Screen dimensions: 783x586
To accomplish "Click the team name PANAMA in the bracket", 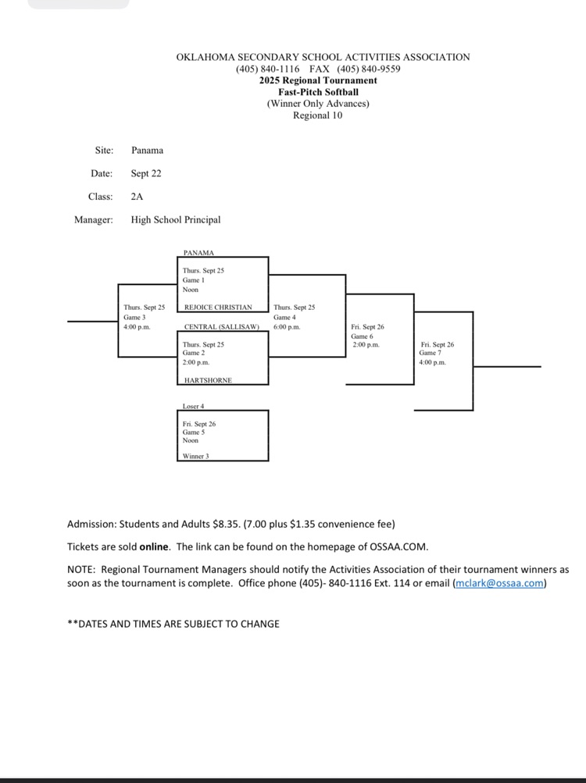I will [198, 253].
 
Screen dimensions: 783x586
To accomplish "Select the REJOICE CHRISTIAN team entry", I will [218, 308].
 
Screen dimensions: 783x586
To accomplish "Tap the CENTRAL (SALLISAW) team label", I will [221, 327].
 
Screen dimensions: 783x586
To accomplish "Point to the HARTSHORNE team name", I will [208, 380].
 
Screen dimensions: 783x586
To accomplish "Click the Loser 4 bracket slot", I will [193, 407].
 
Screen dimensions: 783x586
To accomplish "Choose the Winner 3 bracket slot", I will [195, 456].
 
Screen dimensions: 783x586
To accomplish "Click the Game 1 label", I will [193, 279].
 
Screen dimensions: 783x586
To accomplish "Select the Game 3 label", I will [134, 317].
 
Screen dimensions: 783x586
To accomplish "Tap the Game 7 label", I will [430, 353].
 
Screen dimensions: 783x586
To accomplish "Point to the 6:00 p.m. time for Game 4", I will [287, 327].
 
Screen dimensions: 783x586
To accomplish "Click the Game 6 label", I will [362, 336].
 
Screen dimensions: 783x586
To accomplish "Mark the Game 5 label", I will [193, 432].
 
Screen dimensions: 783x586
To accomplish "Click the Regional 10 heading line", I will [317, 116].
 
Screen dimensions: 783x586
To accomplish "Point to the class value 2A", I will [137, 197].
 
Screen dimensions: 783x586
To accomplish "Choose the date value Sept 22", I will [146, 173].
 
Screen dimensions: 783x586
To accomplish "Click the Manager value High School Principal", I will [176, 219].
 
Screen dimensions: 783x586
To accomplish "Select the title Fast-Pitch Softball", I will [318, 92].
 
